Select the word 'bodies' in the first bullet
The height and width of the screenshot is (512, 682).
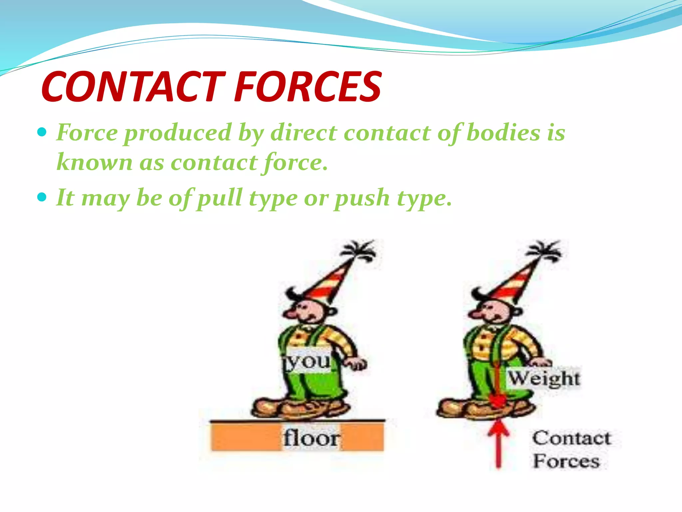click(503, 133)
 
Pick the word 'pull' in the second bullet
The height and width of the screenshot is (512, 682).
click(220, 198)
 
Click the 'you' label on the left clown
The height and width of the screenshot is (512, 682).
click(308, 361)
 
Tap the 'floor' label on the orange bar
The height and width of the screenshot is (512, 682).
click(311, 438)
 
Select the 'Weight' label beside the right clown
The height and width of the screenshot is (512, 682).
click(544, 379)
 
